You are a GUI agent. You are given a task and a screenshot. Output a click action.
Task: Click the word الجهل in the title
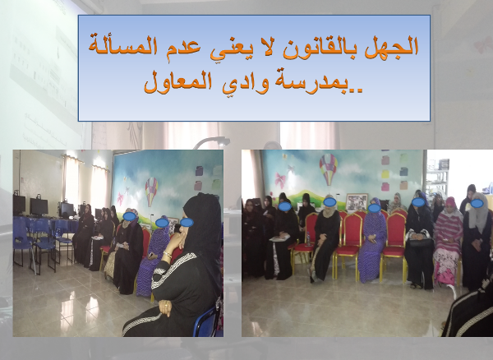tap(391, 47)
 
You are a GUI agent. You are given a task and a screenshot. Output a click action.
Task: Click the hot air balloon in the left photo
tap(151, 191)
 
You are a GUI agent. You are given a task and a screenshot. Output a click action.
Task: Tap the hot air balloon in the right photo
tap(328, 168)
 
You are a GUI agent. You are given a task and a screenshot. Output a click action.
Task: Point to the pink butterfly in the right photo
tap(280, 180)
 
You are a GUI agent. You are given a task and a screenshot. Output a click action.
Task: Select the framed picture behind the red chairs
tap(357, 203)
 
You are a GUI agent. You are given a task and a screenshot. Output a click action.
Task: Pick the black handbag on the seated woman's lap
tap(420, 242)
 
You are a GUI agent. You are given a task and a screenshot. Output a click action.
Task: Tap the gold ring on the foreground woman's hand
tap(166, 304)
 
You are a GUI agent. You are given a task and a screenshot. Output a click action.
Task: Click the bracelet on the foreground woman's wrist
tap(168, 254)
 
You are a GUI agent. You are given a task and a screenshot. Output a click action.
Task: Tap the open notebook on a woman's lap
tap(279, 238)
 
